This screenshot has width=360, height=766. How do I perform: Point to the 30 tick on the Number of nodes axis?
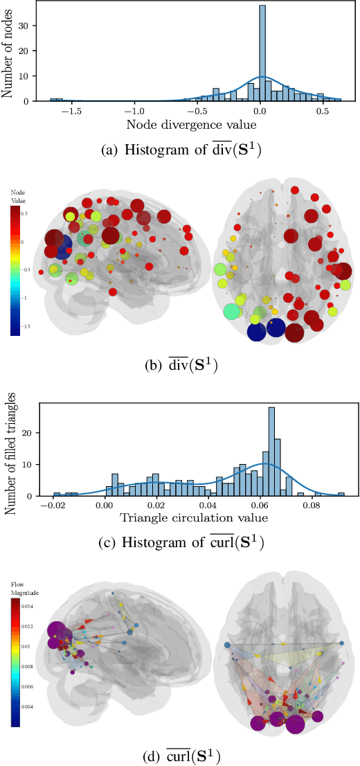35,26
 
